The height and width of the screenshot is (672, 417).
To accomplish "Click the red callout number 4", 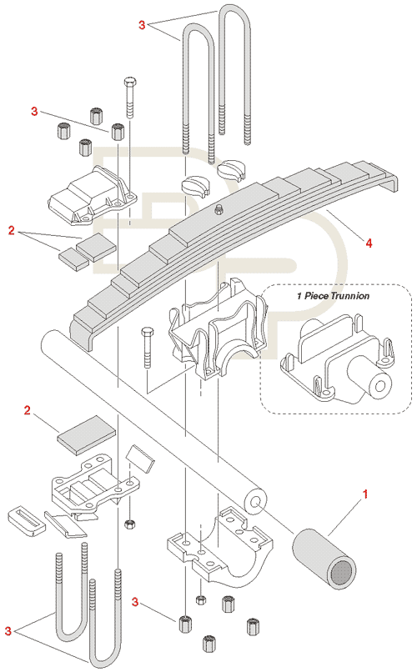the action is point(369,243).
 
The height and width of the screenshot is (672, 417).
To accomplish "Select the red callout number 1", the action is point(365,494).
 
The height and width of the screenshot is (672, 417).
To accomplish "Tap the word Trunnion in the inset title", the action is point(350,296).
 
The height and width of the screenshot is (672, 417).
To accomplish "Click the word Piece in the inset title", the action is point(316,296).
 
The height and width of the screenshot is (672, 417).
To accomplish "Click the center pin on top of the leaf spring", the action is point(219,208).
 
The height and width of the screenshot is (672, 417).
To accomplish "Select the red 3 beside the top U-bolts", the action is point(143,25).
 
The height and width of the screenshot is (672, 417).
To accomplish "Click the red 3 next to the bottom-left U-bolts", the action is point(8,631).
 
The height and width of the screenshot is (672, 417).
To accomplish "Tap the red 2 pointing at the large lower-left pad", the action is point(28,410).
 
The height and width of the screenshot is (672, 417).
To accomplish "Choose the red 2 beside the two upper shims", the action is point(11,231).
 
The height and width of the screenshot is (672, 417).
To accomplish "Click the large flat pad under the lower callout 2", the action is point(87,434).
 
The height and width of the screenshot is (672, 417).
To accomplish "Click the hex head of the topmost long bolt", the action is point(130,82).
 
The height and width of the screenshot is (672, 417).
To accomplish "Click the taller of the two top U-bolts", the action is point(234,73).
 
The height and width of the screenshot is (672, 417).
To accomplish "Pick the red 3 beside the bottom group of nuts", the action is point(135,602).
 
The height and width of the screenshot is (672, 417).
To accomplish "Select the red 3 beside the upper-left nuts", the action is point(34,112).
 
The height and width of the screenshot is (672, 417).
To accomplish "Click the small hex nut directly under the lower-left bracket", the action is point(129,524).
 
